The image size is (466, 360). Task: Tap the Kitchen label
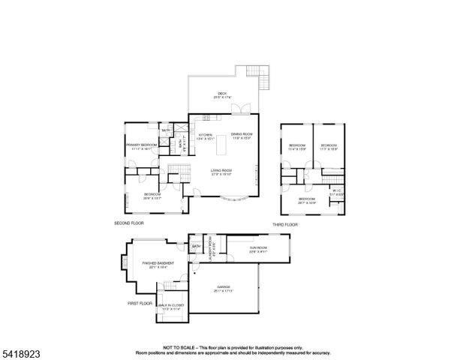[205, 136]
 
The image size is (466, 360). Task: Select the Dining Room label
[241, 136]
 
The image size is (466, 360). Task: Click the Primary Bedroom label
[141, 145]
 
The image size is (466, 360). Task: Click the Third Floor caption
[285, 224]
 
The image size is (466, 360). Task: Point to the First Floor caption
[140, 303]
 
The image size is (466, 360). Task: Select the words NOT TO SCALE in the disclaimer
[178, 347]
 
